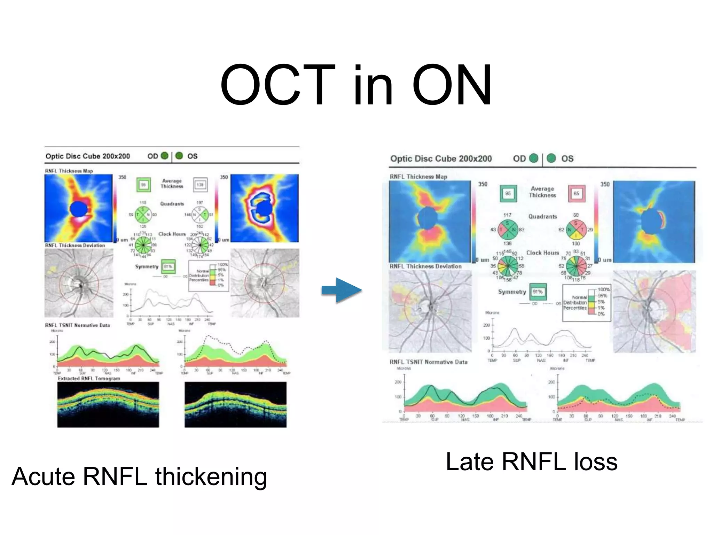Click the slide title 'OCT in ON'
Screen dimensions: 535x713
[x=356, y=85]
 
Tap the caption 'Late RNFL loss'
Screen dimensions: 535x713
[x=531, y=462]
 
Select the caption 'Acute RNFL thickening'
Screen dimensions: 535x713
[x=139, y=476]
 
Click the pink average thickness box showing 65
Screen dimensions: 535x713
[x=576, y=193]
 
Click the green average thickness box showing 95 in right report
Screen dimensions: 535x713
[x=508, y=193]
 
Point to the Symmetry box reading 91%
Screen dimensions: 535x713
[x=538, y=292]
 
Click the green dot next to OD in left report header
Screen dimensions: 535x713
[x=165, y=156]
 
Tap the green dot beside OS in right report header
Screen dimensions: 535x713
[x=551, y=158]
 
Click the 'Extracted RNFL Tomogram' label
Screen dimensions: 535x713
[x=89, y=379]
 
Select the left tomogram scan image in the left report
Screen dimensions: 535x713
[x=108, y=404]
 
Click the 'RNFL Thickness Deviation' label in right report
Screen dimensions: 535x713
[x=425, y=266]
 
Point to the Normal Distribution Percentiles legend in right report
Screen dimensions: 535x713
[x=586, y=303]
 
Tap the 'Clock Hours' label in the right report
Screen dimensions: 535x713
[x=542, y=253]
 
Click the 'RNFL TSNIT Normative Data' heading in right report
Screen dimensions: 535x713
[x=428, y=362]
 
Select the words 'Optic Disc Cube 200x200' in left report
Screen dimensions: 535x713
[x=88, y=156]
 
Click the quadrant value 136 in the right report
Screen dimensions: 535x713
[x=507, y=243]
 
